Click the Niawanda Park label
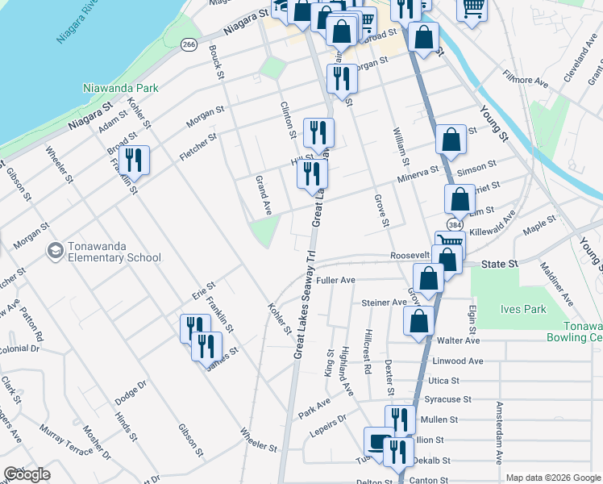click(121, 87)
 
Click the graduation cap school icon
click(55, 251)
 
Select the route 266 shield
click(189, 44)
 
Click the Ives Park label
click(524, 309)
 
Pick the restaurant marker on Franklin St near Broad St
click(134, 160)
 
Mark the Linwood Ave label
click(458, 361)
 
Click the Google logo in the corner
click(27, 474)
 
